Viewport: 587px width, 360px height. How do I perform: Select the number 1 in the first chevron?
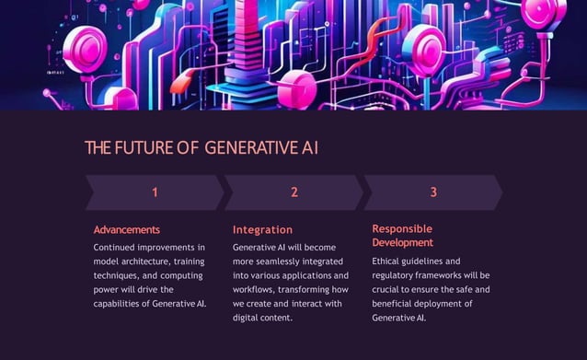tap(155, 192)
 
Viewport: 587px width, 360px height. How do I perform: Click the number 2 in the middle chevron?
tap(294, 192)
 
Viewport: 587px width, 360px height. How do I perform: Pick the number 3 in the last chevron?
tap(433, 192)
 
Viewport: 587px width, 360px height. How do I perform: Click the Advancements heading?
tap(127, 229)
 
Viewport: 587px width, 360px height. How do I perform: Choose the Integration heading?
tap(262, 229)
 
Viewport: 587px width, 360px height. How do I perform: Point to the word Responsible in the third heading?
tap(402, 228)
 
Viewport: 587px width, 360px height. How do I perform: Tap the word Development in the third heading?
tap(402, 242)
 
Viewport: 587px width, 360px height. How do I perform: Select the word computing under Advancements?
tap(185, 275)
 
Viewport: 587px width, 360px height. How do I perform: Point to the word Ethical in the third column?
tap(390, 261)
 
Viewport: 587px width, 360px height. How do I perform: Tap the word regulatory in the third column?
tap(396, 275)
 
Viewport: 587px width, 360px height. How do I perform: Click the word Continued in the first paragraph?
tap(118, 248)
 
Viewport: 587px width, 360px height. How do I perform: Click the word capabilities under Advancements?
tap(122, 303)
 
